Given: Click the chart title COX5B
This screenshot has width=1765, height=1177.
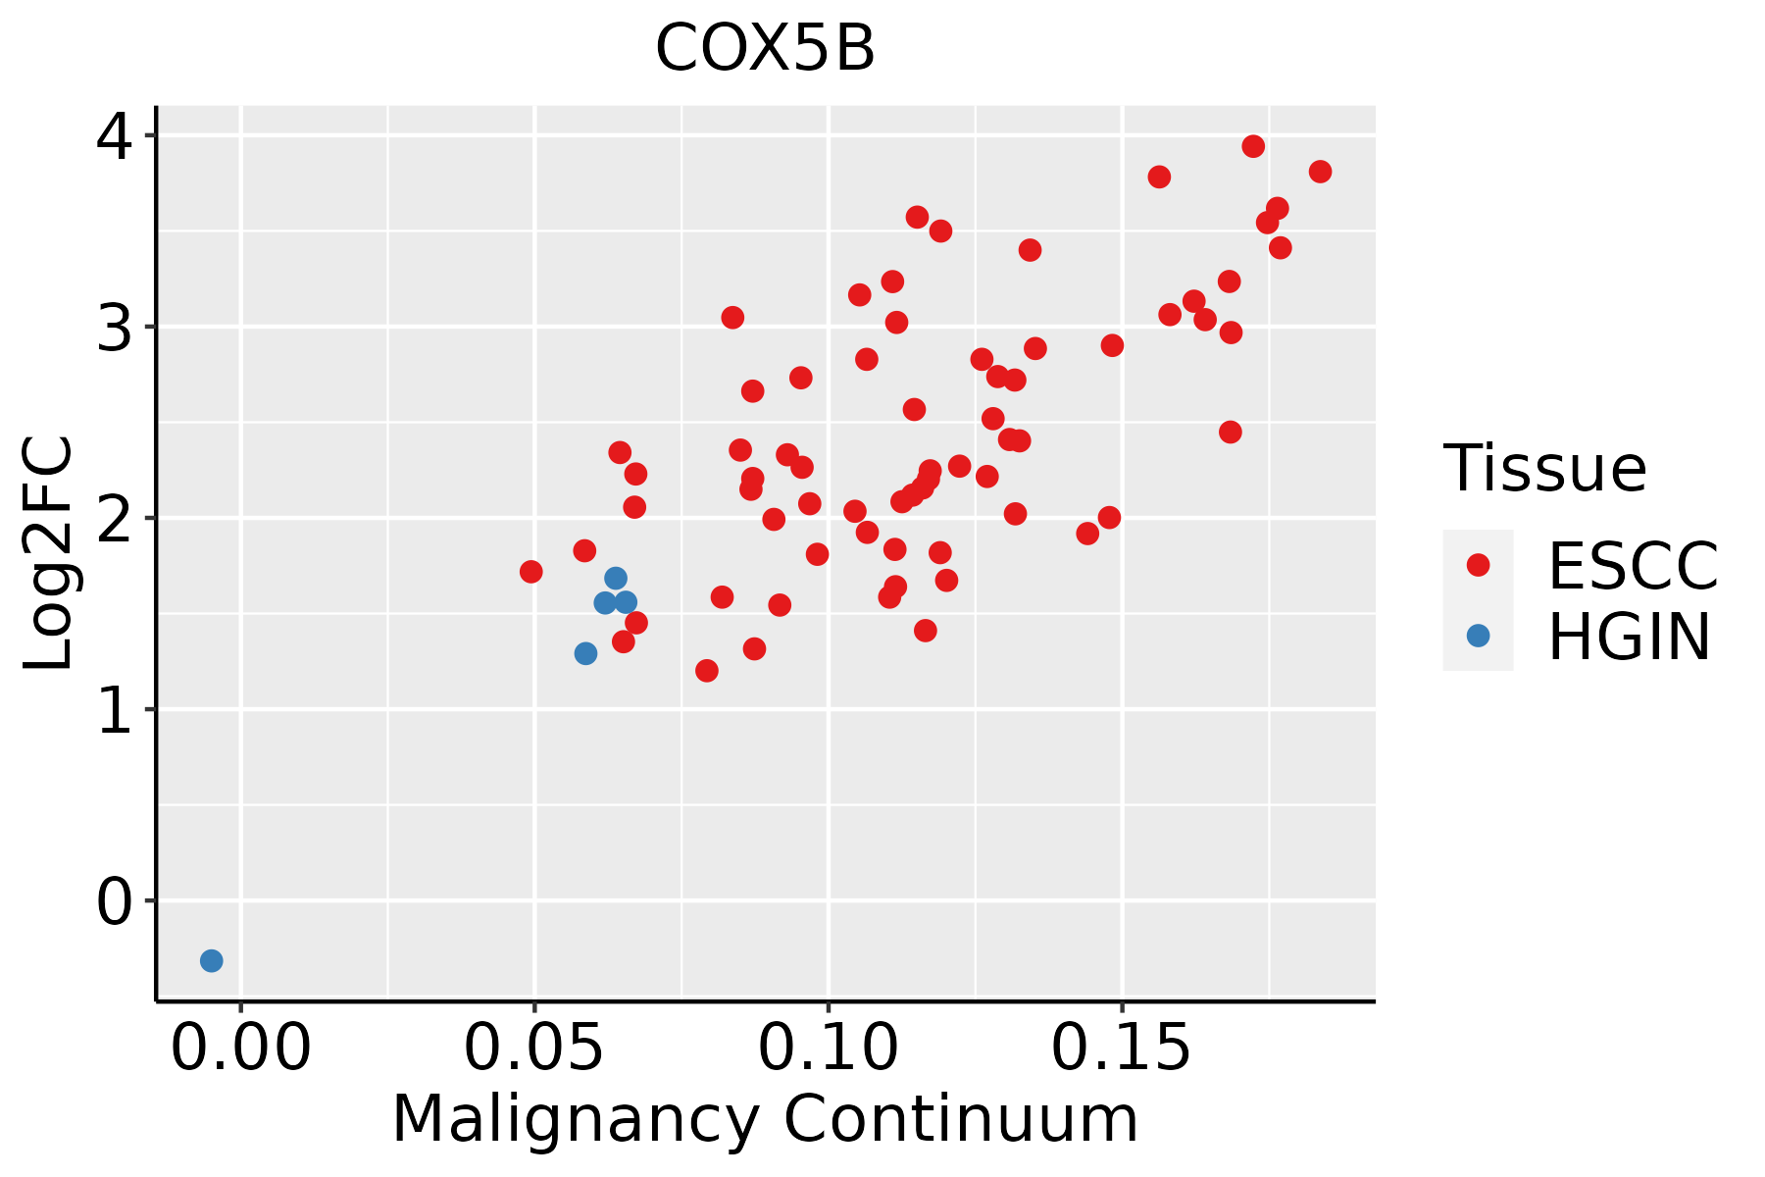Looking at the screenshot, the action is point(765,49).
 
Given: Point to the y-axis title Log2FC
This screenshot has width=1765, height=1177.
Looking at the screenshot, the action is point(49,553).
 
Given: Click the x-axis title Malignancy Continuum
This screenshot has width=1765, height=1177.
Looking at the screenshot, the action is point(765,1120).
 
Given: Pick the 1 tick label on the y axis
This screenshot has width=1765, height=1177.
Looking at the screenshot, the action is point(114,710).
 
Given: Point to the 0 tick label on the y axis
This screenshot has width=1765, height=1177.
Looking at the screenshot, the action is point(114,901).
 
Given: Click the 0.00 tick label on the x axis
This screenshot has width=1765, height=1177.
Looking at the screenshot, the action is point(241,1049).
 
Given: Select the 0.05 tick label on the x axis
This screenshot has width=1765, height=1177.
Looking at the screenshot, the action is point(534,1049).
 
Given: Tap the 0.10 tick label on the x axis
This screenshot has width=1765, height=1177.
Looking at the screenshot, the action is point(829,1049).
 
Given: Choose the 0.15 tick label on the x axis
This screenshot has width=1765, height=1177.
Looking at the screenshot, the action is point(1122,1049).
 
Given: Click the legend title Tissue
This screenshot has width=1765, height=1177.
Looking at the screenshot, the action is point(1545,469).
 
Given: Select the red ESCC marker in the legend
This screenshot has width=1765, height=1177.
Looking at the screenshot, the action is point(1478,565).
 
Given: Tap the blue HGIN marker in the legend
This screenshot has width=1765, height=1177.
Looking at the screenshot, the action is point(1478,636).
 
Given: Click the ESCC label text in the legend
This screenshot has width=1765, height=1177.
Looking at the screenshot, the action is point(1633,566).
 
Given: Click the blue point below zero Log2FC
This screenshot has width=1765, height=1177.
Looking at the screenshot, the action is point(212,960).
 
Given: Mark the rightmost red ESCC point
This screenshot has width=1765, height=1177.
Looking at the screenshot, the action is point(1320,172).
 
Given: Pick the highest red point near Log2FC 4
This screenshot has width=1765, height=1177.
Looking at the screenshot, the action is point(1253,146).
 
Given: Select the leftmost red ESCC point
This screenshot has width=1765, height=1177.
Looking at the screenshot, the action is point(531,572).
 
